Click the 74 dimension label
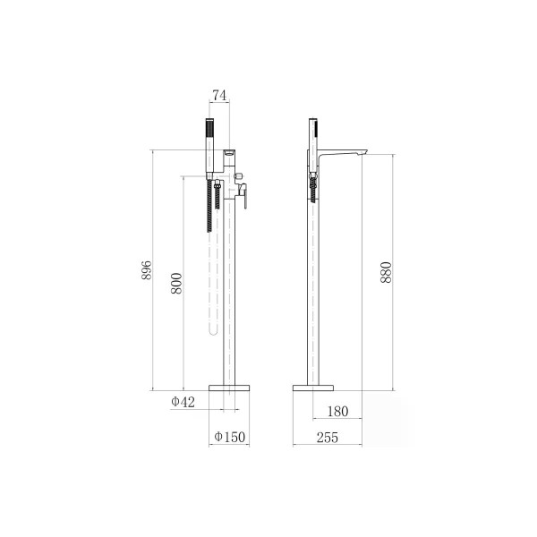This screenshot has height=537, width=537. coord(219,95)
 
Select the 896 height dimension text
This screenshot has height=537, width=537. coord(147,270)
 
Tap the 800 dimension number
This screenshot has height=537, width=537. coord(176,283)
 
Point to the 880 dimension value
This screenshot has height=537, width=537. coord(386,272)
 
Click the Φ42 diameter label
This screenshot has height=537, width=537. coord(183,402)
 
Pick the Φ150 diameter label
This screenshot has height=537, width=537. coord(230,437)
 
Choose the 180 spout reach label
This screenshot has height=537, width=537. coord(337,412)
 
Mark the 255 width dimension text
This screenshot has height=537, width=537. coord(328,438)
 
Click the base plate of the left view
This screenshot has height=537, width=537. coord(229,388)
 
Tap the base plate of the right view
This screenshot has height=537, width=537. coord(313,388)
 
